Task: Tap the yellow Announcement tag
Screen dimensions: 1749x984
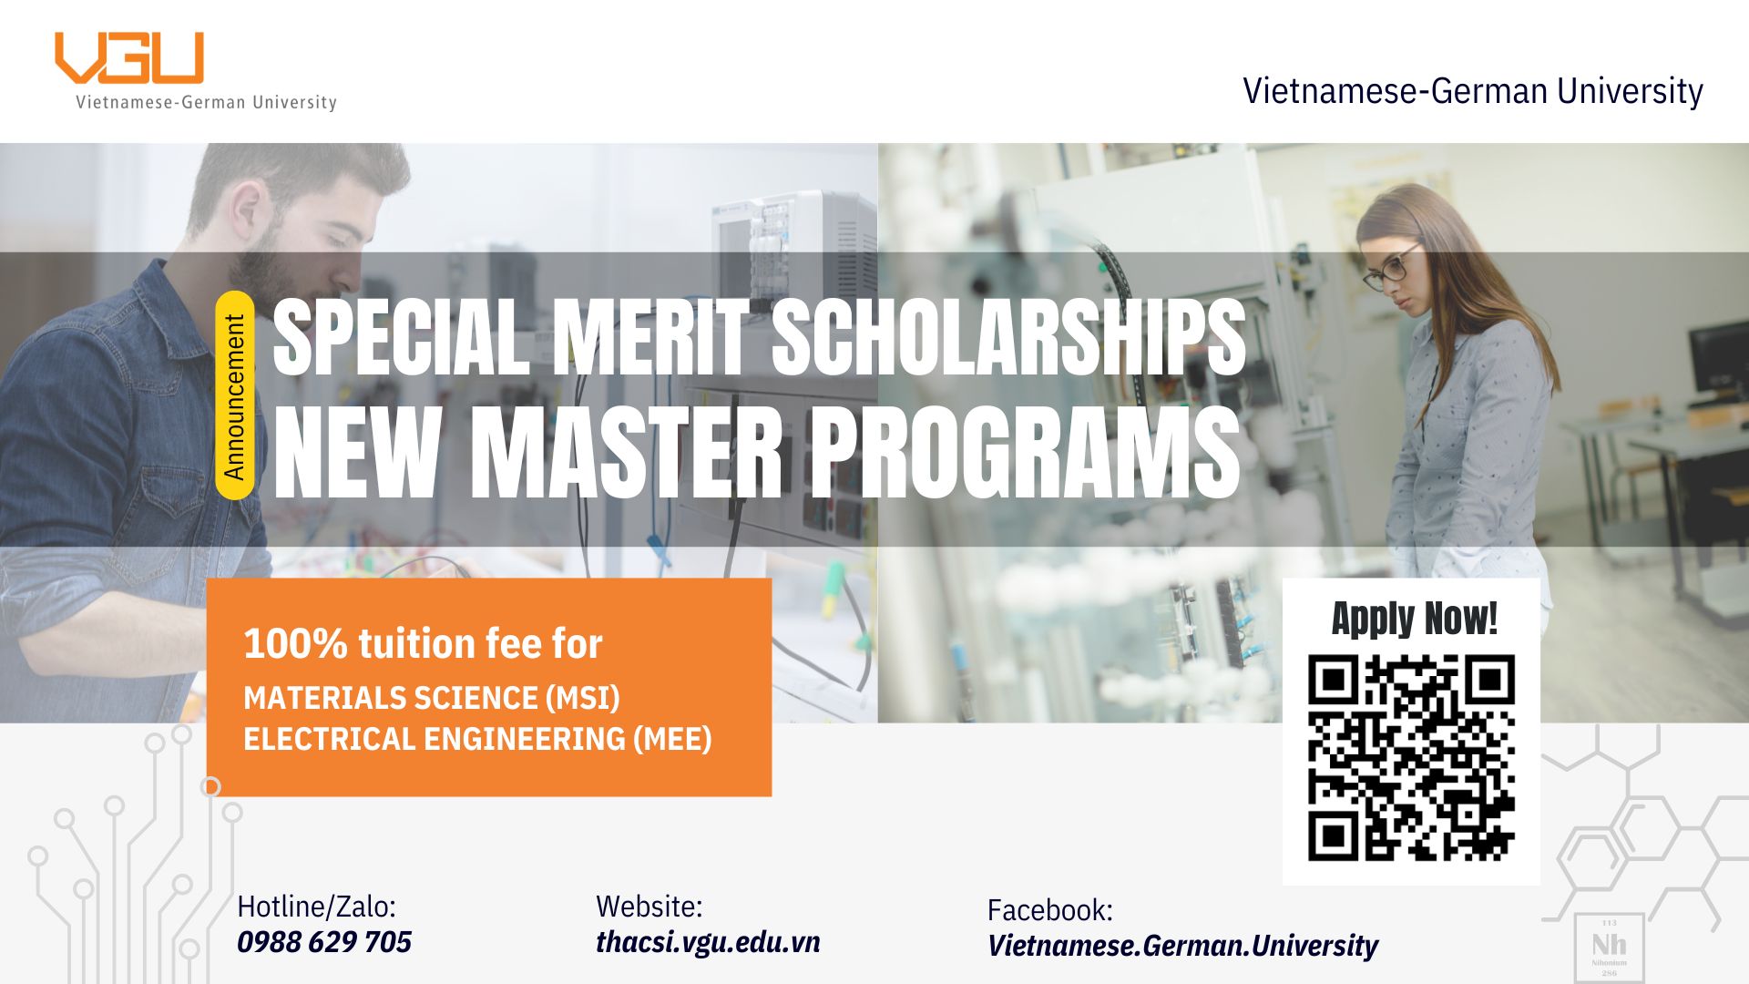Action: (x=234, y=395)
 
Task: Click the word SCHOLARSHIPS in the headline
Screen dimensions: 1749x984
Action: (x=1008, y=337)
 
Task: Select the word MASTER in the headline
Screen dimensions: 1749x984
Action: (x=625, y=453)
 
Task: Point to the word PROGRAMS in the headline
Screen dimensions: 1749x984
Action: (x=1025, y=453)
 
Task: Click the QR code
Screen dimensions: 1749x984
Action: (x=1411, y=757)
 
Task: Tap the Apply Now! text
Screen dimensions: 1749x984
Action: (x=1414, y=619)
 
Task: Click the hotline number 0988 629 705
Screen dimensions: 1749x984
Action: (x=324, y=942)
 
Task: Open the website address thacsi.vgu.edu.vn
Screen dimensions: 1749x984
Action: (x=708, y=942)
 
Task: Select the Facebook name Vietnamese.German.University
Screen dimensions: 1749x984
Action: (x=1182, y=946)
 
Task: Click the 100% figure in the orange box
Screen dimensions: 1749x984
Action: (x=295, y=644)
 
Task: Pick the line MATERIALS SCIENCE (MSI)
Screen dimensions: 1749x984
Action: (x=432, y=698)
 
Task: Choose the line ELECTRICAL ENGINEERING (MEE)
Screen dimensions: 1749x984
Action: (x=477, y=739)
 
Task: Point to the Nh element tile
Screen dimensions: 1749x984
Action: (x=1610, y=947)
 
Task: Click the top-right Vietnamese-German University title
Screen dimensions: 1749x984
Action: (x=1473, y=91)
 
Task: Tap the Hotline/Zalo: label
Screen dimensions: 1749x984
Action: (x=316, y=907)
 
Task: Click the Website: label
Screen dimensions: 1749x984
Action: (x=649, y=907)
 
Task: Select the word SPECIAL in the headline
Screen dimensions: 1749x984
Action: (x=401, y=337)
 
